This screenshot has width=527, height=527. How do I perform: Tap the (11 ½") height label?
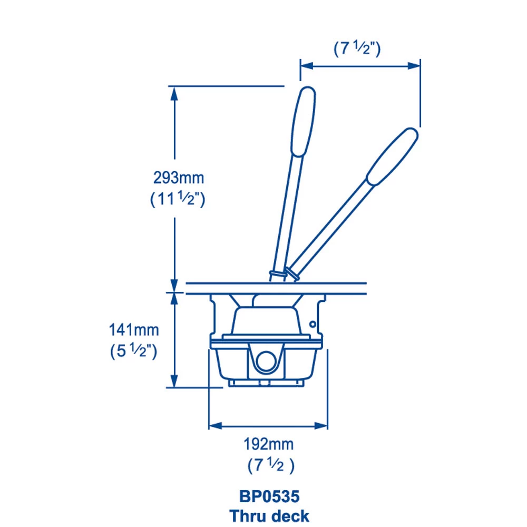[x=178, y=199]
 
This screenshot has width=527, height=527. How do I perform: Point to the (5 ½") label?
[x=133, y=352]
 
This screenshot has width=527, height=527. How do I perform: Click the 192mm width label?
[x=268, y=444]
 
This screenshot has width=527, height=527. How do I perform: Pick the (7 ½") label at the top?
[x=357, y=48]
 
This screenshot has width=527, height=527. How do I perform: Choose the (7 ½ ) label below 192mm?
[x=270, y=466]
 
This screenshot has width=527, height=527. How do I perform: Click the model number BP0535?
[x=269, y=496]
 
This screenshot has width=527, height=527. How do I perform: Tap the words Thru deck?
[x=269, y=515]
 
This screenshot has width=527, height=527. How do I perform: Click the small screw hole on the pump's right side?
[x=313, y=323]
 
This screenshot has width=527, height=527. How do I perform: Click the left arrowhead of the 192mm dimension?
[x=214, y=425]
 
